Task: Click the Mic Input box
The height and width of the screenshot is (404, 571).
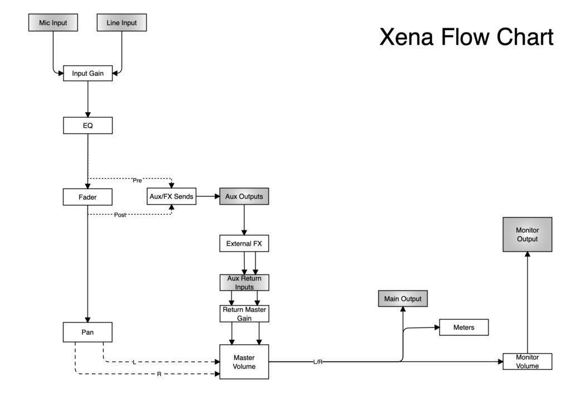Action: point(52,23)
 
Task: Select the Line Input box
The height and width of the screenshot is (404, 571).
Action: point(121,23)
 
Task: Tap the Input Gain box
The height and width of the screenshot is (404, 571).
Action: point(88,73)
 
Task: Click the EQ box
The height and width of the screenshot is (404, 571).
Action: point(88,126)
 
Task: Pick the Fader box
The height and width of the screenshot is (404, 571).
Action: point(88,197)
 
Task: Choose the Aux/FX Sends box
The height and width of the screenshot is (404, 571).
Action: point(172,197)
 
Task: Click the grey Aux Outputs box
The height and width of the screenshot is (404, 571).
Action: point(244,197)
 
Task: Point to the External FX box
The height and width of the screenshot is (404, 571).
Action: point(244,243)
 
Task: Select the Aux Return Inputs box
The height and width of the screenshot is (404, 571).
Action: point(244,282)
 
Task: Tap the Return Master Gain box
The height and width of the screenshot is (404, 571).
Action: point(244,313)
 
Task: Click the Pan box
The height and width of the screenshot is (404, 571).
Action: point(88,332)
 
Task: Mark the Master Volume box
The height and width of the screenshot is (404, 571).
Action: point(244,362)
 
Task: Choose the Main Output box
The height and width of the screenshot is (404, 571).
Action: point(403,299)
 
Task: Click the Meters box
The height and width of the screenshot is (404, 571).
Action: point(463,328)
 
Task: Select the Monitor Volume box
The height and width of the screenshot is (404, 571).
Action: point(527,361)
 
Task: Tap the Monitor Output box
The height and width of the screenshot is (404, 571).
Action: point(527,234)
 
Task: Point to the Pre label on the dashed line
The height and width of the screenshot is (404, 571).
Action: point(137,180)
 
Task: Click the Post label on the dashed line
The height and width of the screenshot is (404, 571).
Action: point(120,215)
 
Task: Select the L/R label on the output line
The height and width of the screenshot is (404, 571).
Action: point(318,362)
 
